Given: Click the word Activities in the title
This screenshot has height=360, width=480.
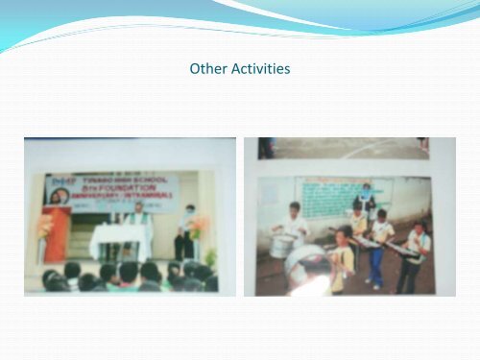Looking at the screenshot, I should pos(258,70).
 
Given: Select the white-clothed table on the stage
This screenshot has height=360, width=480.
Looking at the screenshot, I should pos(121,241).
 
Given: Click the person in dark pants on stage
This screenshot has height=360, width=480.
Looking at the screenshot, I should pos(182,232).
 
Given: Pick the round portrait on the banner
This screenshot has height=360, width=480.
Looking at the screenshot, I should pos(58,196).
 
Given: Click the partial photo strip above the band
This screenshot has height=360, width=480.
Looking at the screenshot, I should pos(346,148).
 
